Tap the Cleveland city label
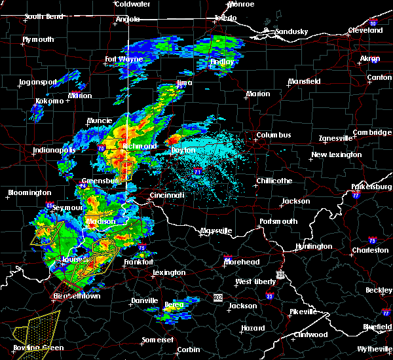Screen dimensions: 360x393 pos(365,30)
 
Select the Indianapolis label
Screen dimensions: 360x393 pos(54,150)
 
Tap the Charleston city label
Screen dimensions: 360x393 pos(370,250)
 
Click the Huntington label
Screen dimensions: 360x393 pos(313,246)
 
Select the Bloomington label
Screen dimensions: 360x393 pos(29,192)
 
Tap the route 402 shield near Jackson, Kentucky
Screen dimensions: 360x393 pos(217,297)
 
